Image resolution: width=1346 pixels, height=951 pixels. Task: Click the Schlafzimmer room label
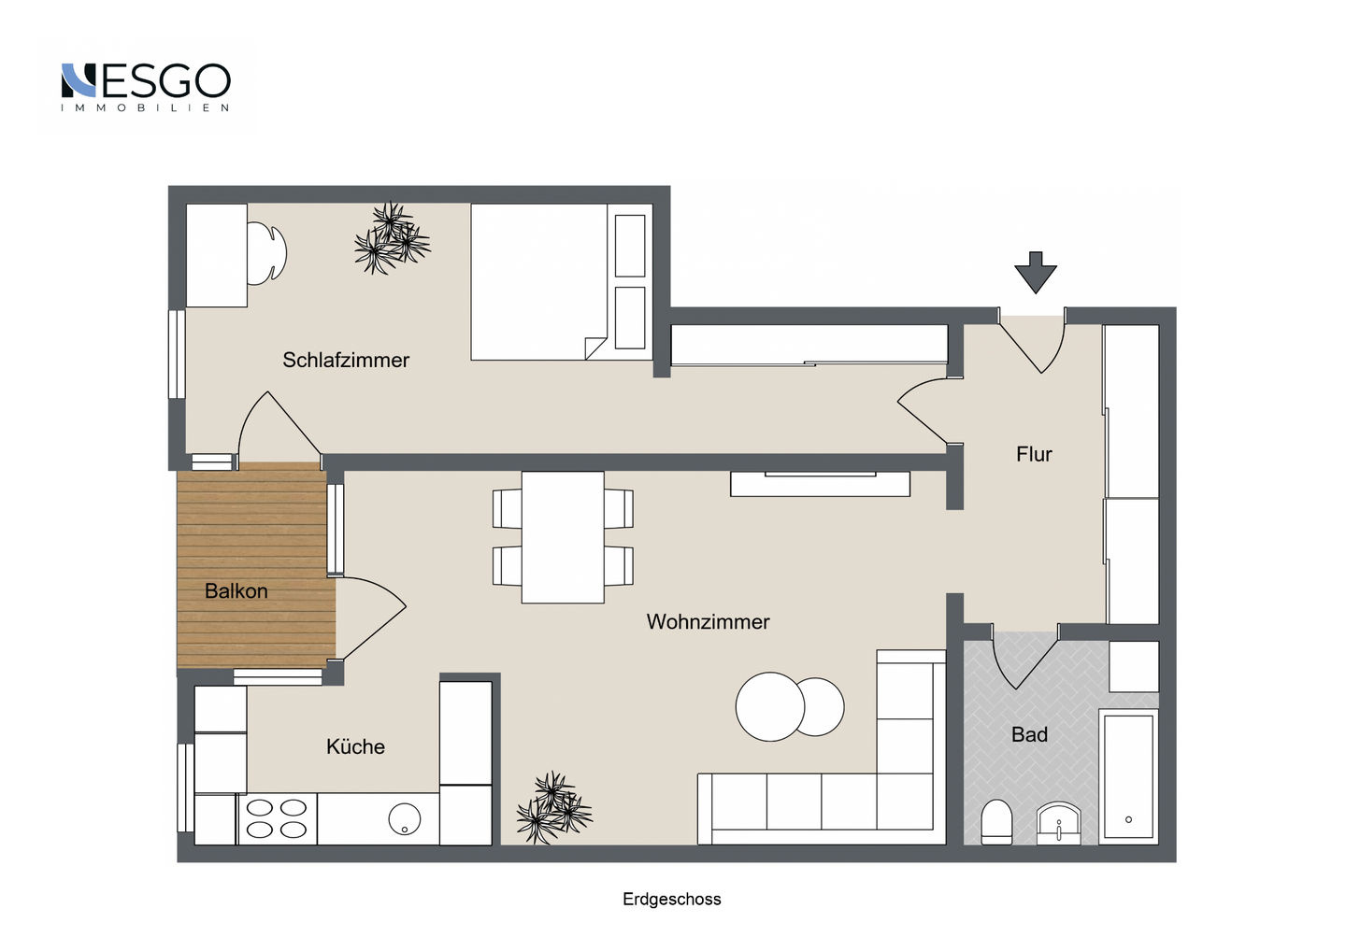(346, 360)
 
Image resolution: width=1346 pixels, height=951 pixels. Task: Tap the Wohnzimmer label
(708, 621)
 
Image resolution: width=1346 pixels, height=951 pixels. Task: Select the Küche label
(355, 746)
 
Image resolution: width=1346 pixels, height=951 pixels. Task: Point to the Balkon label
(236, 591)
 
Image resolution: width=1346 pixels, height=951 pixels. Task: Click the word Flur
(1034, 454)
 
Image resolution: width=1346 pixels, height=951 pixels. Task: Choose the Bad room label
(1029, 734)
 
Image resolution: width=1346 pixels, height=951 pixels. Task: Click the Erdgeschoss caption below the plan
(671, 899)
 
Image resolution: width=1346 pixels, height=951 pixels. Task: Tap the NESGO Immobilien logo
(146, 86)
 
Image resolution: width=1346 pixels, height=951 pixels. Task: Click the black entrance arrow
(1036, 272)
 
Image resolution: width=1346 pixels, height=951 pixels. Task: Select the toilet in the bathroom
(996, 822)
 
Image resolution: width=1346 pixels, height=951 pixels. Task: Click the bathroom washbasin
(1059, 823)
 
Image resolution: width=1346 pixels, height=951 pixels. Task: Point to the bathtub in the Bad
(1128, 775)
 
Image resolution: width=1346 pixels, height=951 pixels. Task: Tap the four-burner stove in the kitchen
(277, 818)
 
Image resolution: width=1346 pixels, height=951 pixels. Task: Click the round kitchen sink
(405, 819)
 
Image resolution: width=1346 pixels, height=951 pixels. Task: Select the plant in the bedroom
(391, 239)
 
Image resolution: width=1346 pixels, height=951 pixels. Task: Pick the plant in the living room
(554, 808)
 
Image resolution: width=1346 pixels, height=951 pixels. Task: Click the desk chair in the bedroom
(268, 252)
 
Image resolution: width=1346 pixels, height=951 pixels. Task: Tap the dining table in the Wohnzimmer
(563, 537)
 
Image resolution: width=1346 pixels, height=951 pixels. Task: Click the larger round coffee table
(769, 706)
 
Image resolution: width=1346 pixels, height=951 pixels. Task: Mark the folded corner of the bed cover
(594, 348)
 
